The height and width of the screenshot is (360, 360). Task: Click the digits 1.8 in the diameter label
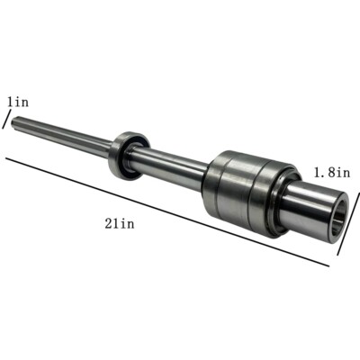tap(323, 169)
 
